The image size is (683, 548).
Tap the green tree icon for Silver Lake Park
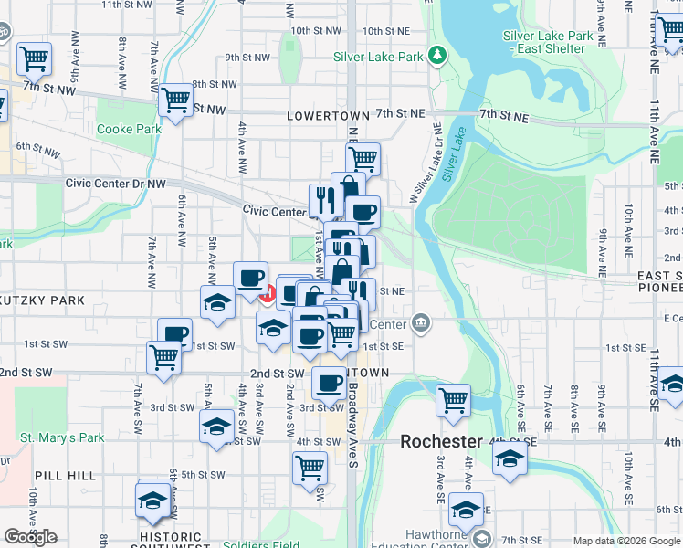(x=438, y=56)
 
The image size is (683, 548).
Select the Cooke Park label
(x=129, y=129)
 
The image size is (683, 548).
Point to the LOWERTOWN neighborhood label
(x=327, y=116)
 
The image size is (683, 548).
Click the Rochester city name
(x=441, y=441)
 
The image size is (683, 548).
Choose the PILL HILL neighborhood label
(x=59, y=476)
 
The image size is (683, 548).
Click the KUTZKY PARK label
(x=43, y=300)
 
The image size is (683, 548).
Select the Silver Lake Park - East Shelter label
(x=548, y=42)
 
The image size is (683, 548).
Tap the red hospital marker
(x=268, y=294)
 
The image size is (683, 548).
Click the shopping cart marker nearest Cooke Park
(x=175, y=99)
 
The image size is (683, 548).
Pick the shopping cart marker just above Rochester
(x=453, y=399)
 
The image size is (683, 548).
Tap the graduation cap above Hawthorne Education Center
(x=466, y=510)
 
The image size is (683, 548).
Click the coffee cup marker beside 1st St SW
(x=174, y=333)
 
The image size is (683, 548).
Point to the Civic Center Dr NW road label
(x=116, y=184)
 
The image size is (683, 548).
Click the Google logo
(x=30, y=537)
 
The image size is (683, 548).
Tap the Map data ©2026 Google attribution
(x=626, y=541)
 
